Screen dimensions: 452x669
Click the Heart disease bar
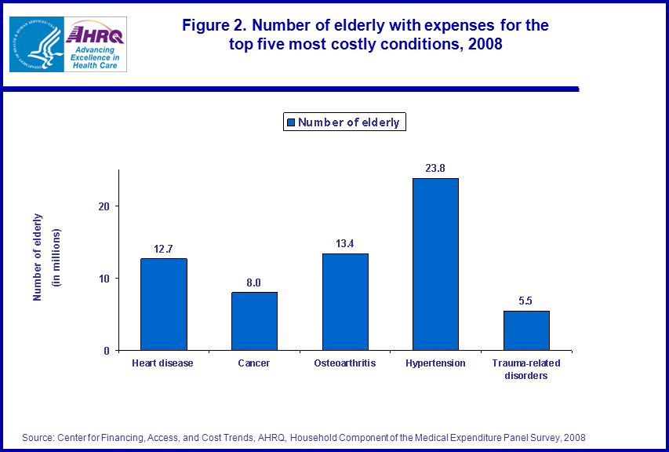click(164, 304)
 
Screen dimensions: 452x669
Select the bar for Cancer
click(254, 321)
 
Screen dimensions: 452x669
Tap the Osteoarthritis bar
click(345, 302)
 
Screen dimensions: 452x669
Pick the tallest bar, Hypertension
click(435, 264)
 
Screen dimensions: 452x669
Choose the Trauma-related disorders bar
click(526, 330)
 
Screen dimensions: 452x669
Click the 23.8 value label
click(435, 168)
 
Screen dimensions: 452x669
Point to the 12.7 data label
click(164, 248)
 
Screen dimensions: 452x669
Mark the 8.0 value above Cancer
click(254, 282)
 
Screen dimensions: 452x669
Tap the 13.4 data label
click(345, 243)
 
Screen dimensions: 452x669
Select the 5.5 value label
click(526, 301)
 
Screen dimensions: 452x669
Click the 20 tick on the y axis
click(104, 206)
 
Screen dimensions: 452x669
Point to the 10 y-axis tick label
click(104, 279)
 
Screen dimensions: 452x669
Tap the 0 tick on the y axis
click(107, 351)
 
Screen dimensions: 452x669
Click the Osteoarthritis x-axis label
click(345, 363)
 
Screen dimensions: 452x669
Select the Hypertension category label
click(435, 363)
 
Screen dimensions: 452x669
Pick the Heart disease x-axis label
click(163, 363)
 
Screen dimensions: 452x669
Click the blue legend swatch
click(291, 122)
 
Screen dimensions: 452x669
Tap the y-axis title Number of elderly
click(38, 257)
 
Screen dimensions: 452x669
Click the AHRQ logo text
click(94, 35)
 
